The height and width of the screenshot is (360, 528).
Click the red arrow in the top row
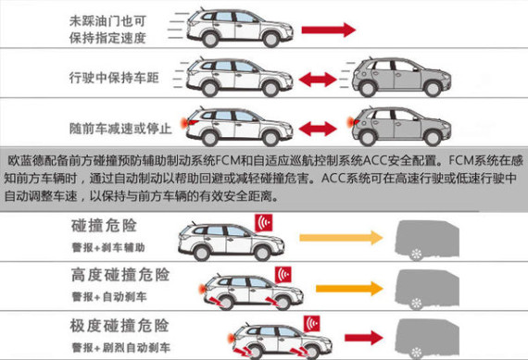coord(328,30)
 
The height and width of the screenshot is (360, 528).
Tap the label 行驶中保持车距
coord(114,78)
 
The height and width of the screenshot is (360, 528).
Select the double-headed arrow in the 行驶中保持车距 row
coord(318,80)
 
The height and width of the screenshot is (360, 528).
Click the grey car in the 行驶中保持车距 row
coord(401,78)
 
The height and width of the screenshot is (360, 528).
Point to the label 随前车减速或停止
coord(120,129)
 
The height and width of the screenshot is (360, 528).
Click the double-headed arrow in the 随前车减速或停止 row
coord(318,129)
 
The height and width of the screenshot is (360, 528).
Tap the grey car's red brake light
coord(350,121)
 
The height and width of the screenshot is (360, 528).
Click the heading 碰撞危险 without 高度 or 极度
coord(104,226)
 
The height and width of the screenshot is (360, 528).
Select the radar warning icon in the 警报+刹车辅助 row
coord(264,223)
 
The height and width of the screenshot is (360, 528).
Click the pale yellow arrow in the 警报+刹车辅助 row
coord(341,238)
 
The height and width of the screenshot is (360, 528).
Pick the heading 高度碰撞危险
coord(120,275)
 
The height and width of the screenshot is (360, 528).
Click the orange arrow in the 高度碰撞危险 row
coord(349,289)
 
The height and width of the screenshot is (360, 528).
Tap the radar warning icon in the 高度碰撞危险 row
coord(283,275)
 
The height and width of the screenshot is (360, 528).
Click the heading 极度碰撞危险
coord(119,326)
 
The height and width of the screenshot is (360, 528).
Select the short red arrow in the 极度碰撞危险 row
coord(364,338)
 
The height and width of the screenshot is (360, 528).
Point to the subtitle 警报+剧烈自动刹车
coord(121,348)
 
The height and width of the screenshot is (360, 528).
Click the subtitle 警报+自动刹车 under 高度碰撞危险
coord(109,297)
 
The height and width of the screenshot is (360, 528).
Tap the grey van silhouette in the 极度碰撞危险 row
coord(427,339)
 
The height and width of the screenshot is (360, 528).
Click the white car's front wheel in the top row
coord(270,40)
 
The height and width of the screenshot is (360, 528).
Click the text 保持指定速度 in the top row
coord(107,38)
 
